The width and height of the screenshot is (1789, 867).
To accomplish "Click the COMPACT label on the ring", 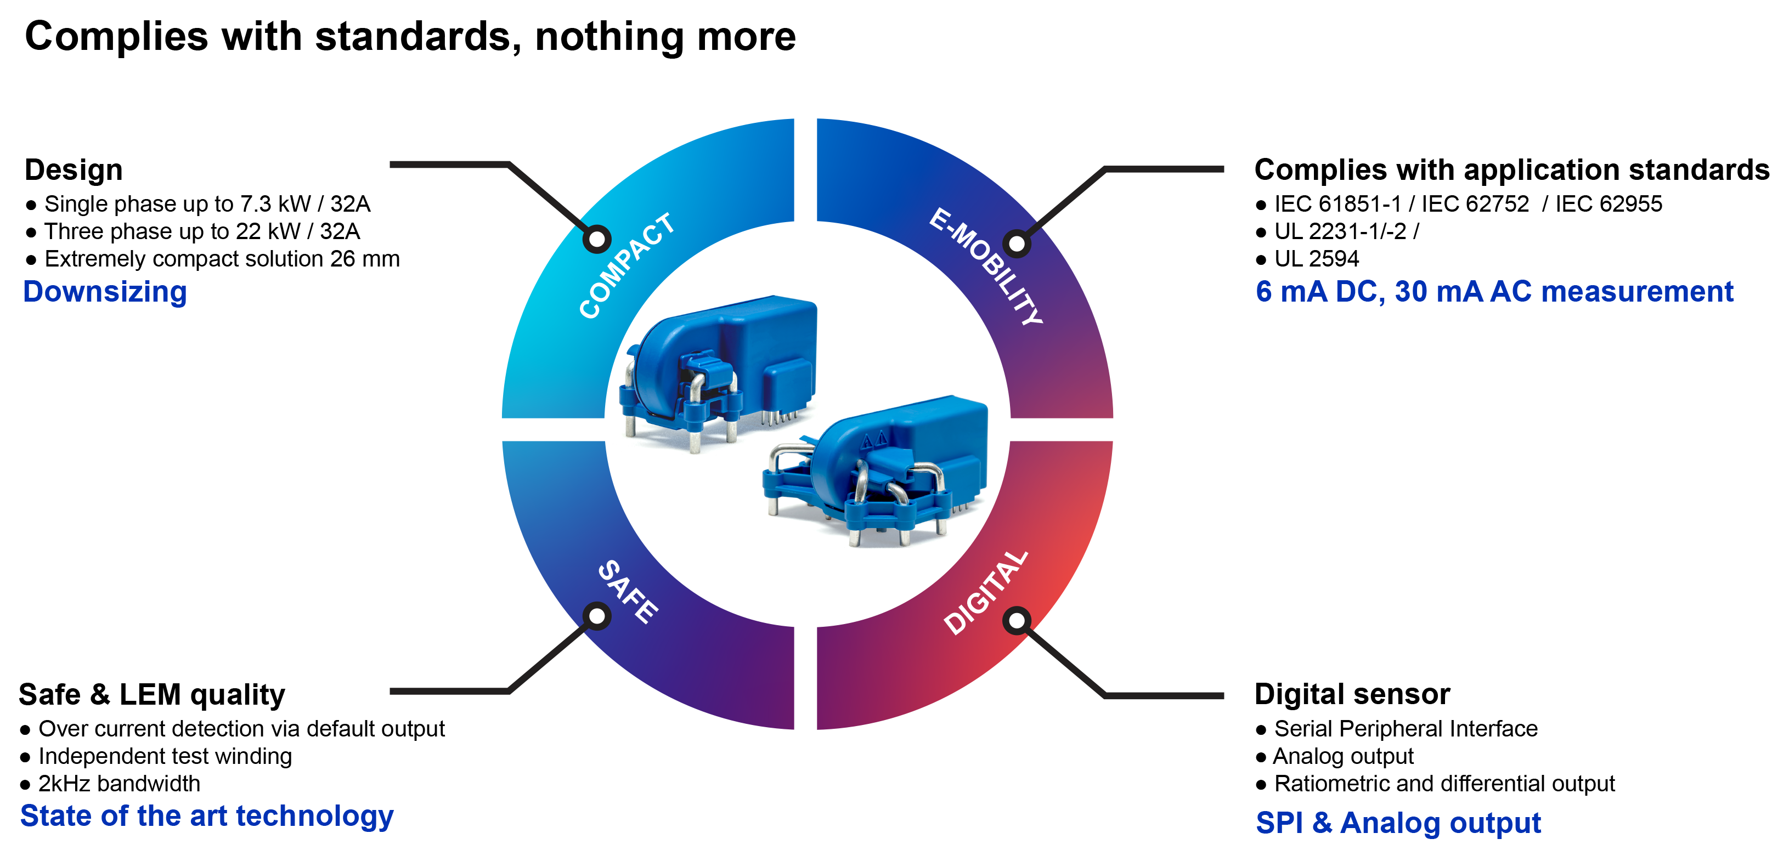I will [x=627, y=266].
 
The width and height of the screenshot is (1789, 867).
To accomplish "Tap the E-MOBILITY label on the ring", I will [x=986, y=267].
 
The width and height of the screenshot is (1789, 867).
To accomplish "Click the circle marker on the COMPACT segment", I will [x=596, y=239].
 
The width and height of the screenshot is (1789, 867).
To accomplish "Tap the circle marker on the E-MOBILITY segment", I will [x=1016, y=243].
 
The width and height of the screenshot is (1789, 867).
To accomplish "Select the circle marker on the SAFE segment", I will [x=596, y=616].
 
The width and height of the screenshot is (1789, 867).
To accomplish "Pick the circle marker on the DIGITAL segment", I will [x=1016, y=621].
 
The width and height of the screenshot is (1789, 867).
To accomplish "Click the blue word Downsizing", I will [x=105, y=292].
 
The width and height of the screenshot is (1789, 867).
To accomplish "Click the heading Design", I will [x=74, y=170].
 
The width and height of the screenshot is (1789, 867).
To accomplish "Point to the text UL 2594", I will [x=1316, y=259].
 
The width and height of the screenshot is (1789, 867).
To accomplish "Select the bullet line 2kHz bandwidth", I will [x=118, y=783].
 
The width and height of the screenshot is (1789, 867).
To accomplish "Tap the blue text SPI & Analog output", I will [x=1398, y=823].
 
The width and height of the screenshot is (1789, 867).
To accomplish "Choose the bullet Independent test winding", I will [x=165, y=756].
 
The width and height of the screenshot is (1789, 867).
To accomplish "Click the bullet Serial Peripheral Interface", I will [x=1406, y=728].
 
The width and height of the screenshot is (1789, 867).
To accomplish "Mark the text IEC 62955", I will [x=1609, y=204].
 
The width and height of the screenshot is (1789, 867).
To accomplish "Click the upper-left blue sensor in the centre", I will [x=719, y=368].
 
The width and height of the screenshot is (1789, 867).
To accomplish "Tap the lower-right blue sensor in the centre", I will [x=878, y=468].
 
